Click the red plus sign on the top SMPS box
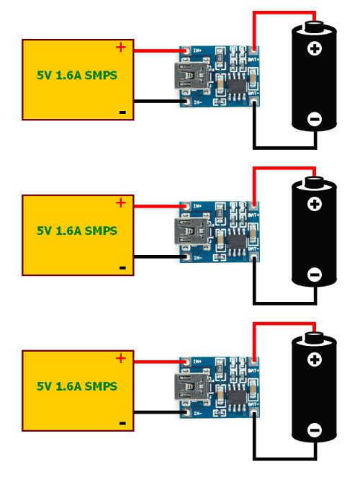coord(120,48)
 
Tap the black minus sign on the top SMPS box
coord(122,112)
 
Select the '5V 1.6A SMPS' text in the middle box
coord(77,231)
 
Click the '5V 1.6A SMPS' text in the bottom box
coord(77,386)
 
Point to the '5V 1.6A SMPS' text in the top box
coord(77,75)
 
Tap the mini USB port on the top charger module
coord(186,76)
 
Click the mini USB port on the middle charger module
coord(186,232)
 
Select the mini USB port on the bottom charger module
coord(186,388)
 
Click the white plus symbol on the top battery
coord(314,49)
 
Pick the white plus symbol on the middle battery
coord(314,205)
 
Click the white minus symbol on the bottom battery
coord(314,431)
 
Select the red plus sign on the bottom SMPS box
coord(120,359)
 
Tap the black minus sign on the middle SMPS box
coord(122,267)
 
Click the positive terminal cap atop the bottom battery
coord(314,337)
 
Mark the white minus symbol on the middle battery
coord(314,275)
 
